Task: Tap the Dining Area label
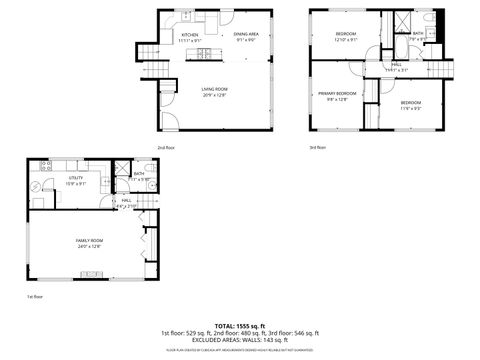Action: point(246,35)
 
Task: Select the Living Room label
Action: point(215,90)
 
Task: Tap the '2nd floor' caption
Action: point(164,147)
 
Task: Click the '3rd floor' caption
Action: point(317,147)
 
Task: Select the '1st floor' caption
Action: point(35,297)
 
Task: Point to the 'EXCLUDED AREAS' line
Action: point(239,340)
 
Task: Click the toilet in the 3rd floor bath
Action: point(427,19)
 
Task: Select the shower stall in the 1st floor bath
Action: point(121,170)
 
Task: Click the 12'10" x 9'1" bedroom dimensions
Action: point(346,39)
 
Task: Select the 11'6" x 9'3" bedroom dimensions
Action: point(411,107)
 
